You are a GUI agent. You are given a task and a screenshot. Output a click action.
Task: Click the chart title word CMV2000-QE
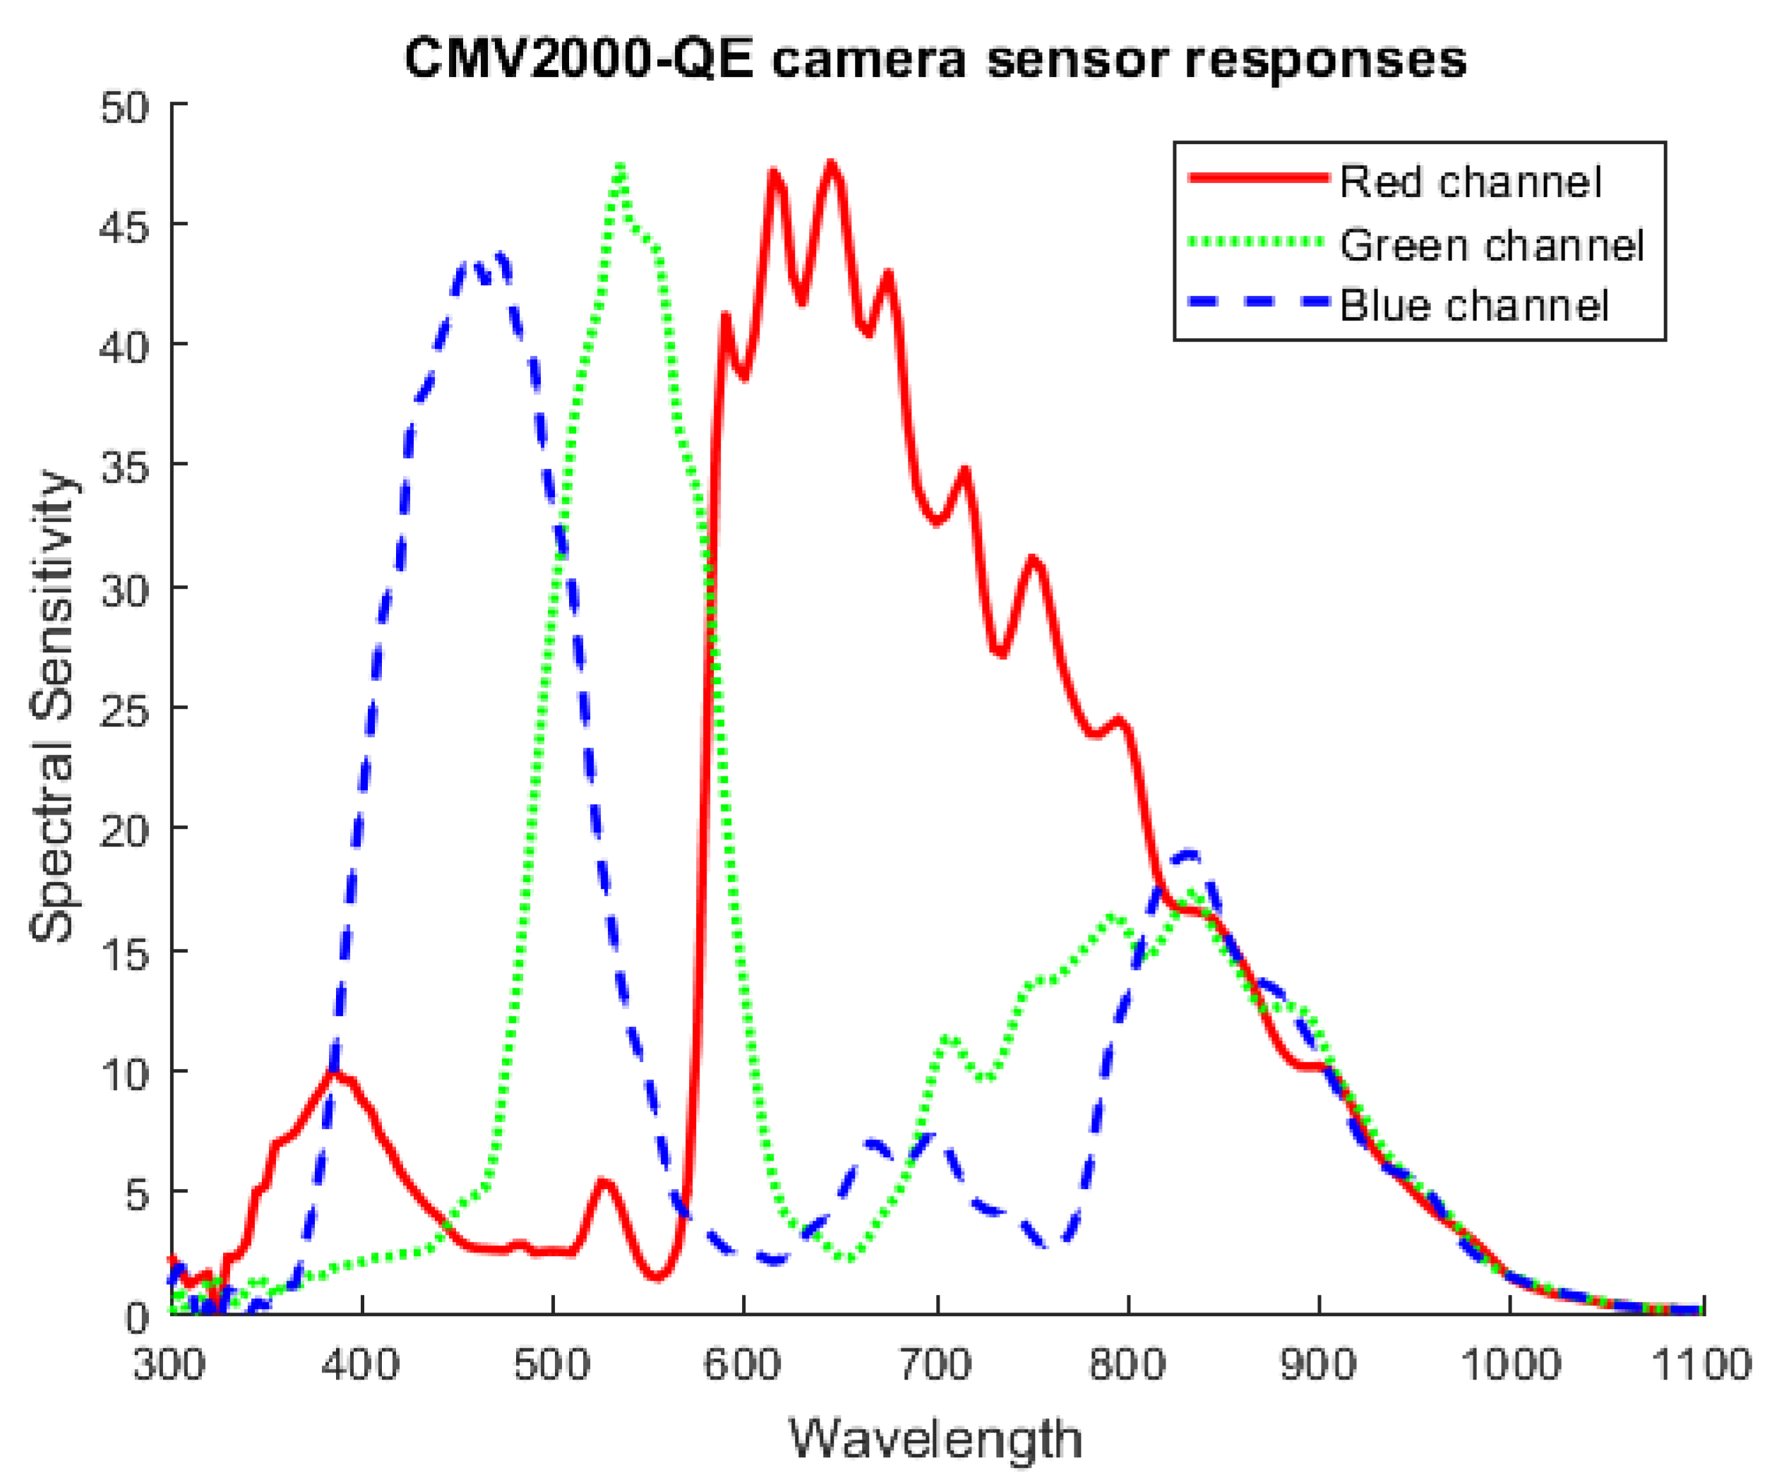(x=579, y=61)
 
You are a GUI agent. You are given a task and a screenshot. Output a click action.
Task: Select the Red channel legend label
(x=1470, y=182)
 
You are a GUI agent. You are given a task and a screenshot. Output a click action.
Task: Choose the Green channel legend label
(x=1492, y=246)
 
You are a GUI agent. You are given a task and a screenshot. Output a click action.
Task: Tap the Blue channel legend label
(x=1474, y=306)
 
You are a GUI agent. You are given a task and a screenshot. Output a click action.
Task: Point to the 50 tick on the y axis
(x=125, y=107)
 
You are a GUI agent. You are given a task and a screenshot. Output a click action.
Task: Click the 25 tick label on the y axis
(x=125, y=710)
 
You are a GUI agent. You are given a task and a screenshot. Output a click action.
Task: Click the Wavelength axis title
(x=935, y=1440)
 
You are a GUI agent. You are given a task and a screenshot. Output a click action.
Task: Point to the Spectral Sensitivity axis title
(x=52, y=707)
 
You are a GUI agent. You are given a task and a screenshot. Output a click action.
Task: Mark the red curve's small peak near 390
(x=334, y=1072)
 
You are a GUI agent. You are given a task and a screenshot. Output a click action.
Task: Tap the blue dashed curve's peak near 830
(x=1190, y=855)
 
